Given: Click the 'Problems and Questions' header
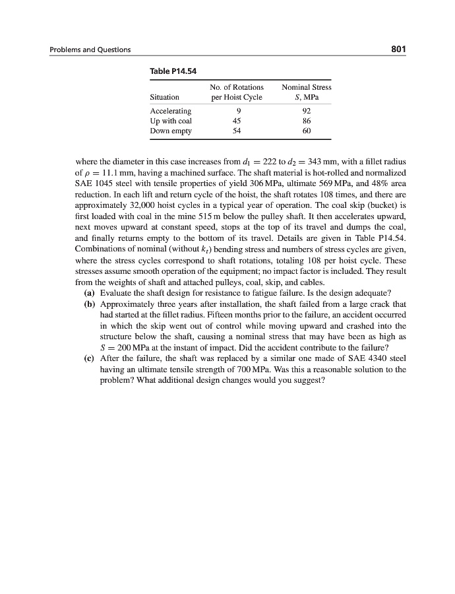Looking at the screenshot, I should click(90, 49).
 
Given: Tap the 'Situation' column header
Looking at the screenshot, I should click(165, 97).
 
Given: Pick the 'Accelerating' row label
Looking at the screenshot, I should click(171, 111).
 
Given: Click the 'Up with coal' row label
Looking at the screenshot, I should click(171, 121).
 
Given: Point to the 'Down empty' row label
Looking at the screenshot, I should click(171, 131).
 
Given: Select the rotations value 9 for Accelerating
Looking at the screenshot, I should click(237, 111).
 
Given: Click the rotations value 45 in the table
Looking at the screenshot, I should click(237, 121).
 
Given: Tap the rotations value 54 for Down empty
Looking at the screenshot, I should click(237, 131).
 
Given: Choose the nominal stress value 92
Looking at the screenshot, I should click(306, 111).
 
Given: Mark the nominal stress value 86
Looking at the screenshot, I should click(306, 121).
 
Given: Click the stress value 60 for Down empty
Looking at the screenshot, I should click(306, 131).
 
